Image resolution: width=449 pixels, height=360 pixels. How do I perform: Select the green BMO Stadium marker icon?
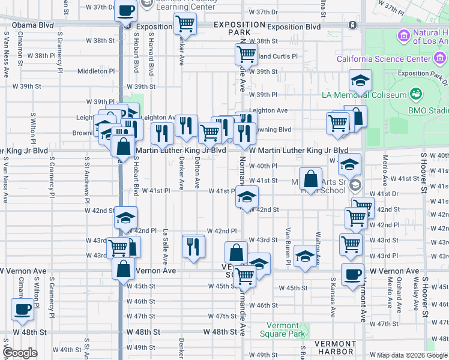coord(415,94)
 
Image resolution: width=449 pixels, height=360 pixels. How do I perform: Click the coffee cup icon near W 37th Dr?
coord(127,10)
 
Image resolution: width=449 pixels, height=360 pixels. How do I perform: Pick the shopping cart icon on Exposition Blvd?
coord(185,25)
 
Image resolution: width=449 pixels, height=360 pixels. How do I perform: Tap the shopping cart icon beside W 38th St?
coord(246,55)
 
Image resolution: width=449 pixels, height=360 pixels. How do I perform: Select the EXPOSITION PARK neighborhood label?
coord(239,28)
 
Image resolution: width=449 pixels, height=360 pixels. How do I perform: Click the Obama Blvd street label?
coord(36,26)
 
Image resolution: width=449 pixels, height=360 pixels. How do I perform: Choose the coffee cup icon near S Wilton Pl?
coord(23,309)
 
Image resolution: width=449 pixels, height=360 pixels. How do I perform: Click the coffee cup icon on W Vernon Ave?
coord(352,274)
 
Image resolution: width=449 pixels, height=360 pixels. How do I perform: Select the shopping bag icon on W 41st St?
coord(310,179)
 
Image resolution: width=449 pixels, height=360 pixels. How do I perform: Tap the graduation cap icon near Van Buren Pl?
coord(305,257)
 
